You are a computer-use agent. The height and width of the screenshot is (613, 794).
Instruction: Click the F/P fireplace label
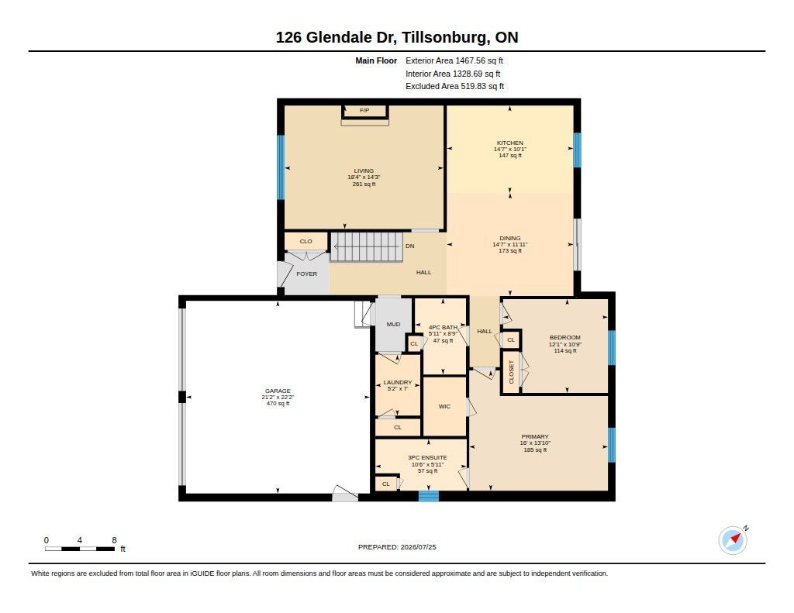pos(364,110)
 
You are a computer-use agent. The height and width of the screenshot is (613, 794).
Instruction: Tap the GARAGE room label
pos(278,391)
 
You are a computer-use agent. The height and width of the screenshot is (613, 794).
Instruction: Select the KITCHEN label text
pos(510,143)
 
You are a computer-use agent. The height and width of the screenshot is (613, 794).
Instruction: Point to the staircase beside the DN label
pos(367,246)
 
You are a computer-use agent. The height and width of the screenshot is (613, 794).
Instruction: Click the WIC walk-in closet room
pos(444,407)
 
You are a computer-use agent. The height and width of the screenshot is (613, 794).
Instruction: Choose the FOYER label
pos(307,274)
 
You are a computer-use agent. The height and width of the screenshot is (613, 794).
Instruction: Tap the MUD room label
pos(393,324)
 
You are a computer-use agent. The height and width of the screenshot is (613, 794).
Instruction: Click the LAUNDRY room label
pos(398,382)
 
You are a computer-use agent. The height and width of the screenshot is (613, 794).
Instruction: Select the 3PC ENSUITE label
pos(427,457)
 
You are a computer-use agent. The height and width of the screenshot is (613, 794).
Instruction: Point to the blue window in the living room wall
pos(281,167)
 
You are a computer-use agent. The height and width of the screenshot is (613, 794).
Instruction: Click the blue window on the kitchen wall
pos(577,150)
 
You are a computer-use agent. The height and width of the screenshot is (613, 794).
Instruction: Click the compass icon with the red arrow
pos(733,540)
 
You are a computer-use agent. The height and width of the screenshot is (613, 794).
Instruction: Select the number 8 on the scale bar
pos(115,540)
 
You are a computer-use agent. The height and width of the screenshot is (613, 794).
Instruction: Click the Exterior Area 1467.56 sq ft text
pos(454,60)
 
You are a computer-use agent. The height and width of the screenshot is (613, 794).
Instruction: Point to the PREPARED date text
pos(397,546)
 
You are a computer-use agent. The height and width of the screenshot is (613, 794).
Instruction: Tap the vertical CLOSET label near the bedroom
pos(511,372)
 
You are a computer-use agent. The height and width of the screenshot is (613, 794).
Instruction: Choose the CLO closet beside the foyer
pos(306,242)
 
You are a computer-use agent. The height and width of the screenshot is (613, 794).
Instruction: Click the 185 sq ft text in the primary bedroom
pos(535,450)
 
